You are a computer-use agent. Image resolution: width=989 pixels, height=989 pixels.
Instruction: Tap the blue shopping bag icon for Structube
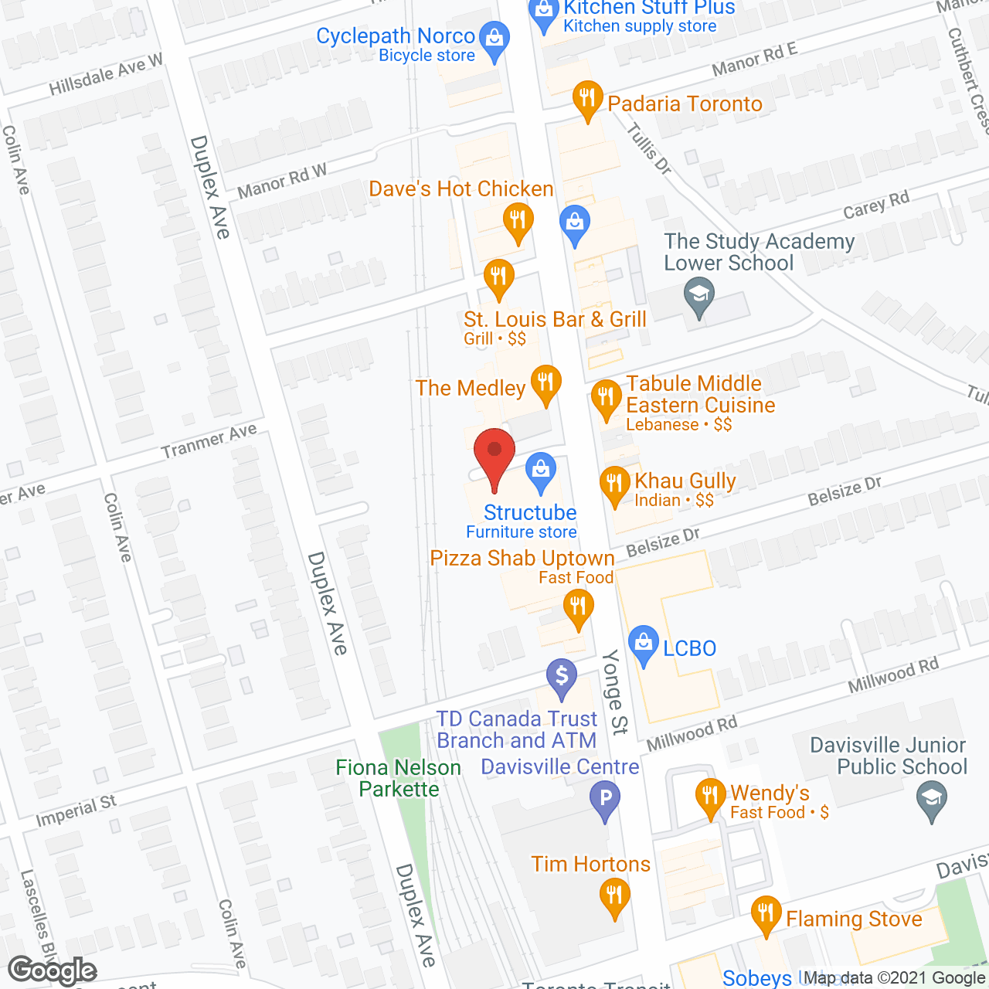tap(541, 471)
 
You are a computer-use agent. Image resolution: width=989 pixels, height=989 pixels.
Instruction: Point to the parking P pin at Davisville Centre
tap(605, 798)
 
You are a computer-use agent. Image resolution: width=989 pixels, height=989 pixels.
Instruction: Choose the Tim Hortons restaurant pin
tap(614, 897)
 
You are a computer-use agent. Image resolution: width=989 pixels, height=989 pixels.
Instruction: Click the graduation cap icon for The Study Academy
tap(699, 296)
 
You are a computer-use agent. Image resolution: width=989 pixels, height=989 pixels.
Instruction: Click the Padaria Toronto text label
tap(685, 104)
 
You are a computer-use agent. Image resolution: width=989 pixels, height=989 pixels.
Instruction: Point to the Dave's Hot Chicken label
tap(461, 189)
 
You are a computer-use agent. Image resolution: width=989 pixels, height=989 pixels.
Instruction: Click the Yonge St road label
tap(614, 691)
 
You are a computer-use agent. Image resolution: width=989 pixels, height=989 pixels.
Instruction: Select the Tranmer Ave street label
tap(209, 442)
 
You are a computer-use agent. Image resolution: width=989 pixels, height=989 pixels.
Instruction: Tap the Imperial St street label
tap(76, 811)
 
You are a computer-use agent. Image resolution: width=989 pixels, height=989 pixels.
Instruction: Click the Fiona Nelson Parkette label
tap(398, 778)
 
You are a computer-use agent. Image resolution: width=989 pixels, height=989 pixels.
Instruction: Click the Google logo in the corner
tap(53, 970)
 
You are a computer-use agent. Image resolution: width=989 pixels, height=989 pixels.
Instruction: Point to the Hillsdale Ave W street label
tap(106, 75)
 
